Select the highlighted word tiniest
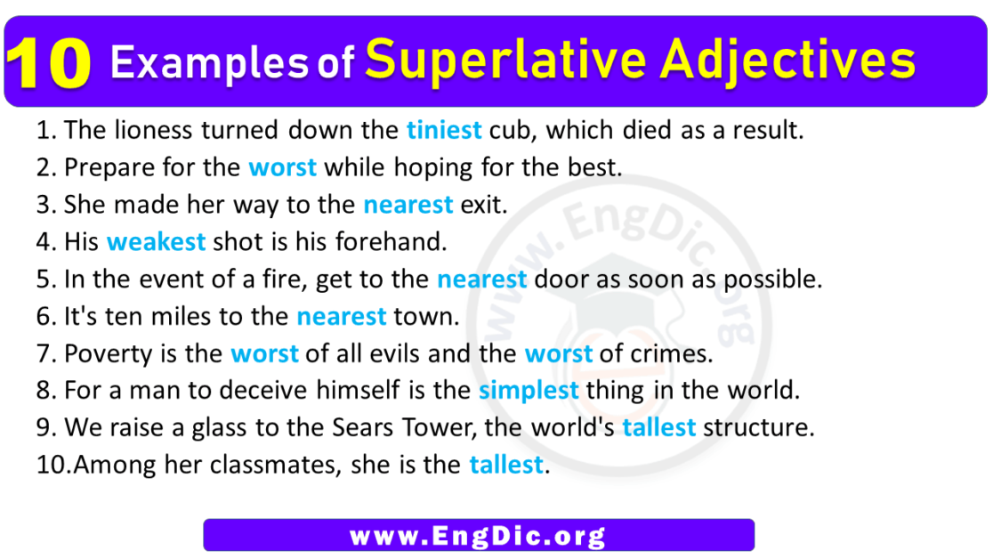443,131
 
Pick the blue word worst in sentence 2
282,167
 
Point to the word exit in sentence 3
482,205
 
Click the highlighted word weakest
156,242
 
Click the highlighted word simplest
529,390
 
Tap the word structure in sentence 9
758,428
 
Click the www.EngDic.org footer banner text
478,536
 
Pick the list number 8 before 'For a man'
46,391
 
